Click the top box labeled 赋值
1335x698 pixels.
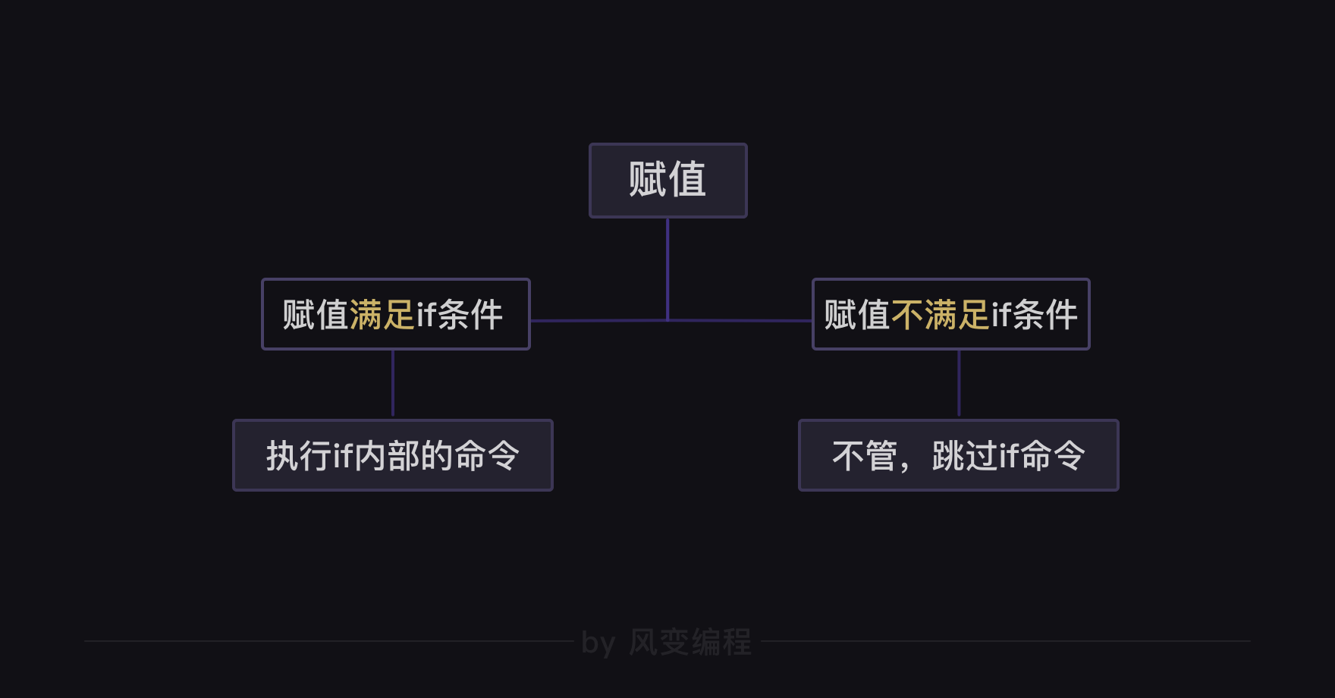pyautogui.click(x=667, y=181)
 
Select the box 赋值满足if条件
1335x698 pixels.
pyautogui.click(x=395, y=314)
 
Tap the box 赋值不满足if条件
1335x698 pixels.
pyautogui.click(x=950, y=314)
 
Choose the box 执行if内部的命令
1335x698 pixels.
pyautogui.click(x=392, y=455)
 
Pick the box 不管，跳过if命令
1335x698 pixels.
pyautogui.click(x=958, y=455)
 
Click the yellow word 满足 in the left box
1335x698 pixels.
pyautogui.click(x=382, y=315)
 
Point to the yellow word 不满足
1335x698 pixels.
pyautogui.click(x=941, y=315)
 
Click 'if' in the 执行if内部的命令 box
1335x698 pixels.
pyautogui.click(x=343, y=456)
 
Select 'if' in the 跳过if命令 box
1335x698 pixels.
pyautogui.click(x=1009, y=456)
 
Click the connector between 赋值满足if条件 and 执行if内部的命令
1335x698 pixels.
pyautogui.click(x=393, y=384)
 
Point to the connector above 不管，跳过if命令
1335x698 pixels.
pyautogui.click(x=959, y=384)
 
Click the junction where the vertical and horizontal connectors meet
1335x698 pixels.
pyautogui.click(x=667, y=321)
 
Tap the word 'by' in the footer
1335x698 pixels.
pyautogui.click(x=598, y=643)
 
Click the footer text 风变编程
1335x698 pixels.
pyautogui.click(x=690, y=643)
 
